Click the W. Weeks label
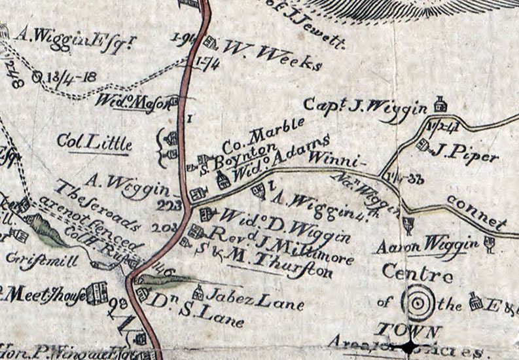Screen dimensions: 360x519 pos(272,55)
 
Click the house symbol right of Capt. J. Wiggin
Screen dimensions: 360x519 pos(440,104)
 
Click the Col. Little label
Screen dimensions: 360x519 pos(94,143)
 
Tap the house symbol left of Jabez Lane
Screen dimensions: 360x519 pos(198,293)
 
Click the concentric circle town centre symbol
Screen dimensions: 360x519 pos(418,302)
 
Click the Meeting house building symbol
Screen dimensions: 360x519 pos(97,293)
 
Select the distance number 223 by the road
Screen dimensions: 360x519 pos(169,204)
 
